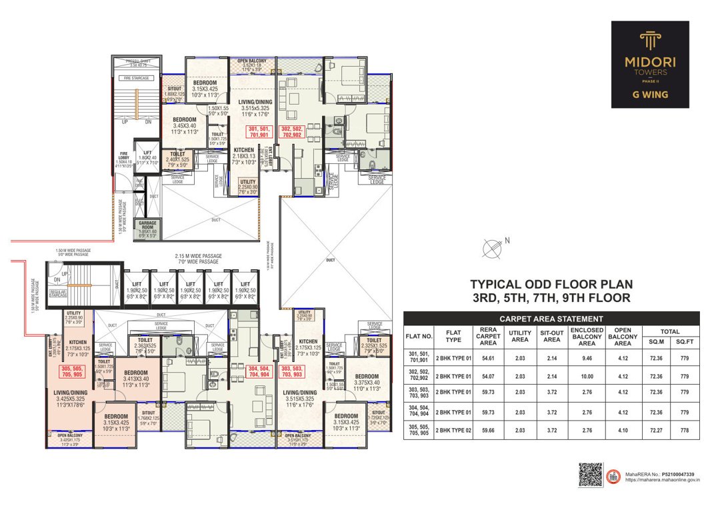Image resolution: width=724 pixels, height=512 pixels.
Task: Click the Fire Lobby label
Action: (x=124, y=159)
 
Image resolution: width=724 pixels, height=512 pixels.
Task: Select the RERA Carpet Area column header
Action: (x=489, y=336)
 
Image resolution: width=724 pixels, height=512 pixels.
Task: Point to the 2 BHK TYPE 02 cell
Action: (x=453, y=431)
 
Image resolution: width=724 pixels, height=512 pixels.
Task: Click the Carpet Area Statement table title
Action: (x=551, y=319)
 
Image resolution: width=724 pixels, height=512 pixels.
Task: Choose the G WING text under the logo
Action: (x=650, y=95)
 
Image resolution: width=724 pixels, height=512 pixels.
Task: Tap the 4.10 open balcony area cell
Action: (x=623, y=431)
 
